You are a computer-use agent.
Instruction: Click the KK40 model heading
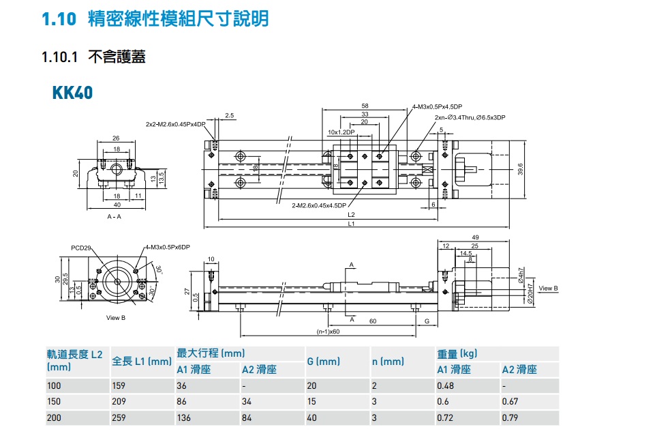click(x=72, y=92)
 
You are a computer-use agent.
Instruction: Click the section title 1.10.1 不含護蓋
click(x=93, y=57)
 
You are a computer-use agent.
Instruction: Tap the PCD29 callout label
click(x=81, y=248)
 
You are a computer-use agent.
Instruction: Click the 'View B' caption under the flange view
click(x=116, y=318)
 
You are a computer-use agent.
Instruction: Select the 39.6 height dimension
click(x=520, y=168)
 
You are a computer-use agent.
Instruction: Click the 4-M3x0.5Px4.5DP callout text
click(x=437, y=106)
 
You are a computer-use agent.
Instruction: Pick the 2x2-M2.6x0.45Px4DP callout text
click(x=175, y=124)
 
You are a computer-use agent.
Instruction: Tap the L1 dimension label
click(x=350, y=224)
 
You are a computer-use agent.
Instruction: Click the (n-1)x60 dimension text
click(x=328, y=332)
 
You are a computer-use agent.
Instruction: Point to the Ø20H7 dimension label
click(x=530, y=293)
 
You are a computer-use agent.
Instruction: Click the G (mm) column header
click(x=323, y=362)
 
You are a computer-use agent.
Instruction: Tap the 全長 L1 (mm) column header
click(x=141, y=362)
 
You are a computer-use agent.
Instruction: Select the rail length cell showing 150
click(x=54, y=402)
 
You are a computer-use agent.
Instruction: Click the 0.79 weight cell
click(x=510, y=417)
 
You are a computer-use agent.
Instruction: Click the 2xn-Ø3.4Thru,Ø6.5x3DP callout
click(x=470, y=118)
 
